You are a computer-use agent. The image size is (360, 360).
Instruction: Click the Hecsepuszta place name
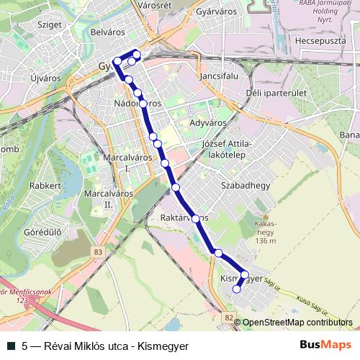point(321,40)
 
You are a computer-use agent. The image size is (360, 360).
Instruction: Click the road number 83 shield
point(97,251)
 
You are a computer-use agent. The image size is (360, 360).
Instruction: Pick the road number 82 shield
point(228,318)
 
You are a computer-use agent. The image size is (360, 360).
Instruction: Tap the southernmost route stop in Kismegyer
point(236,289)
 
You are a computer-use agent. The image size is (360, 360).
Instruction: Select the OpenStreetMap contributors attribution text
point(297,323)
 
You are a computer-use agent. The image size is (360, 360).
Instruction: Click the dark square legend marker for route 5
point(10,346)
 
